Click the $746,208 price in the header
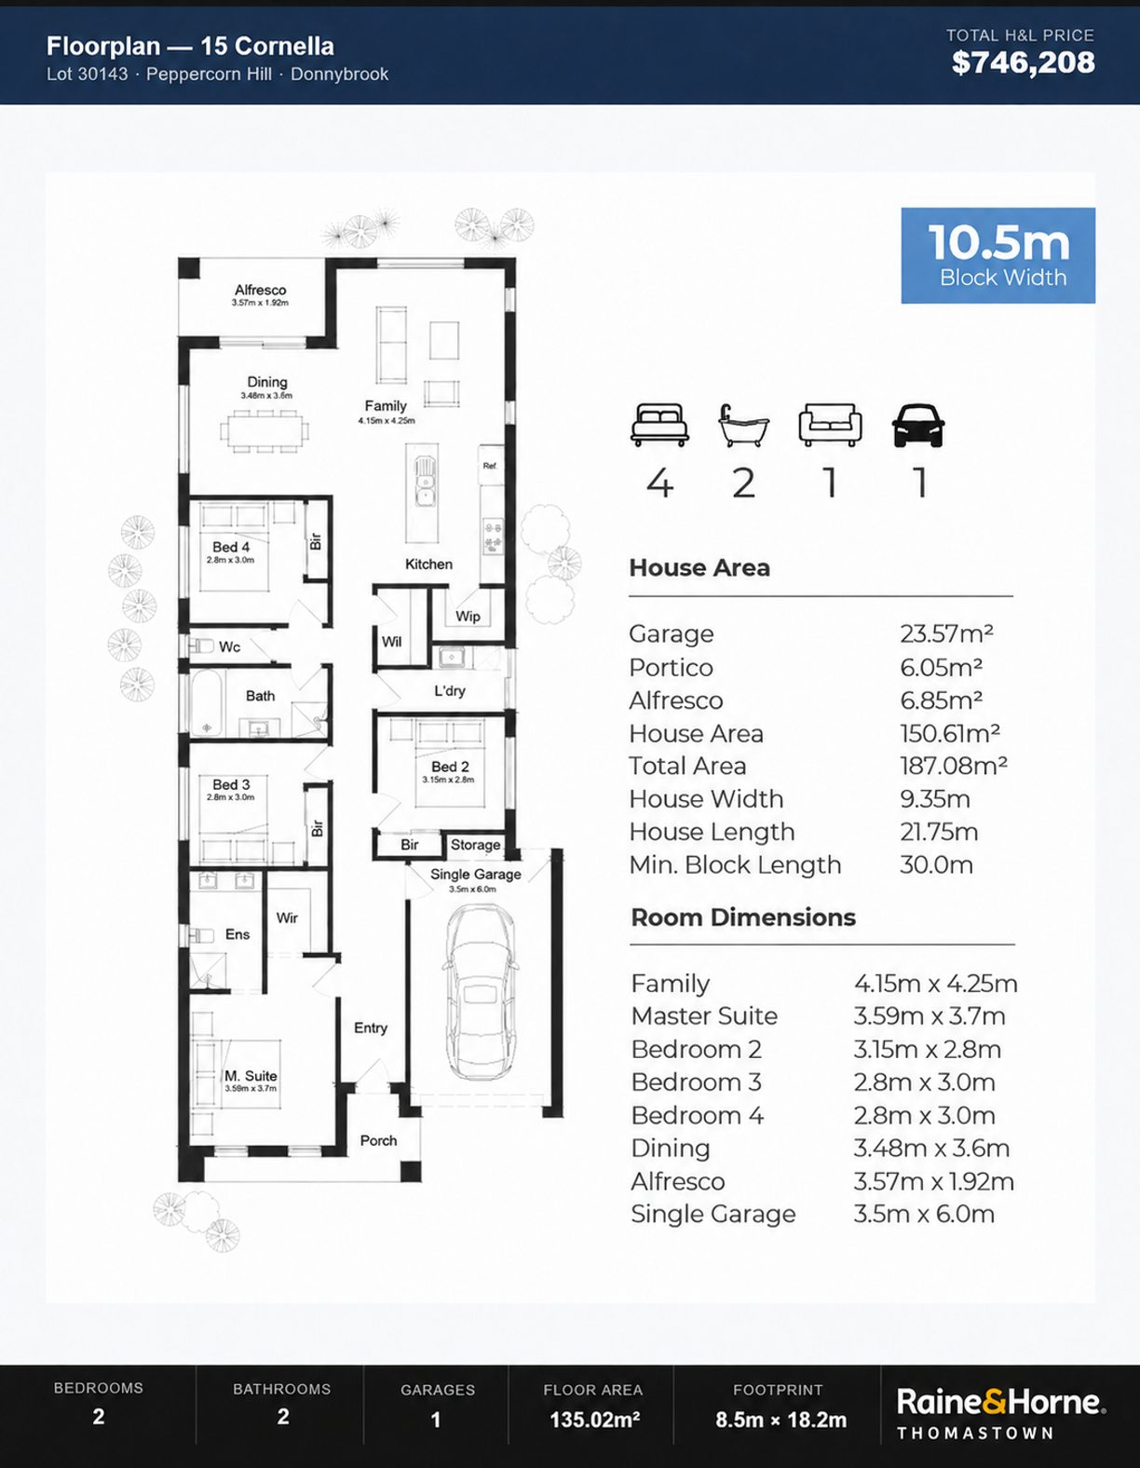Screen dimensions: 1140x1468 pyautogui.click(x=1023, y=62)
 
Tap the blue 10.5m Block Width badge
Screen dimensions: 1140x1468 pyautogui.click(x=998, y=255)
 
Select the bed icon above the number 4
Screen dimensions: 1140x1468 pyautogui.click(x=659, y=425)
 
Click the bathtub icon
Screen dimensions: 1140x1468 pyautogui.click(x=743, y=426)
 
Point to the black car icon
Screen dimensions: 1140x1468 pyautogui.click(x=918, y=426)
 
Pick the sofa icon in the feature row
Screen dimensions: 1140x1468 pyautogui.click(x=830, y=425)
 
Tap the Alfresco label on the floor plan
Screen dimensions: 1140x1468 pyautogui.click(x=260, y=290)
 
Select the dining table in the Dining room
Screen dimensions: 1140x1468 pyautogui.click(x=265, y=430)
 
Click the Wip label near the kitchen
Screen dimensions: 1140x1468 pyautogui.click(x=468, y=616)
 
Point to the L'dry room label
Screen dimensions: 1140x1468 pyautogui.click(x=450, y=690)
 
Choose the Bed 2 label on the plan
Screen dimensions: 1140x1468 pyautogui.click(x=450, y=767)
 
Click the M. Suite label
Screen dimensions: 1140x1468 pyautogui.click(x=251, y=1076)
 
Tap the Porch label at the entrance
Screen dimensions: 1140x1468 pyautogui.click(x=378, y=1140)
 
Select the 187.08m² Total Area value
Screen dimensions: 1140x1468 pyautogui.click(x=953, y=766)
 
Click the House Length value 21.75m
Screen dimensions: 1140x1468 pyautogui.click(x=939, y=832)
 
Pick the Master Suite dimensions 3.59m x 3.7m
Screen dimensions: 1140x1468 pyautogui.click(x=930, y=1016)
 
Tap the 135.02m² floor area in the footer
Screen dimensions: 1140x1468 pyautogui.click(x=594, y=1420)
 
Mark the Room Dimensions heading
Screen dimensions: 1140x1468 pyautogui.click(x=743, y=917)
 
